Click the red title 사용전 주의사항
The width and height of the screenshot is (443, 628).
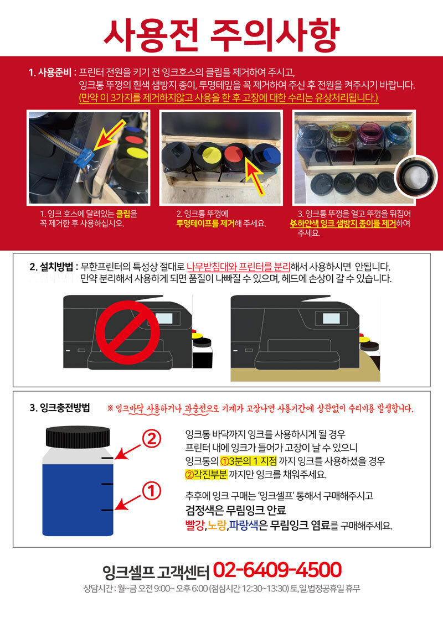pyautogui.click(x=221, y=33)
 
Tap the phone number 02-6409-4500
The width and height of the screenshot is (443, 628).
pyautogui.click(x=277, y=570)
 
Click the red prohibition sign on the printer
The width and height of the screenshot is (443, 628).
pyautogui.click(x=133, y=332)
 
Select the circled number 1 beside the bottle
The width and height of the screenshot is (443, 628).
pyautogui.click(x=152, y=491)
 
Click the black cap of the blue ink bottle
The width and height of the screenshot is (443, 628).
pyautogui.click(x=78, y=436)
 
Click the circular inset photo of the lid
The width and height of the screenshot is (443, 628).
pyautogui.click(x=416, y=176)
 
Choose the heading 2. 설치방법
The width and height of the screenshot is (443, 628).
pyautogui.click(x=51, y=267)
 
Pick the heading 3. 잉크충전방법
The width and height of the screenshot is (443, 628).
pyautogui.click(x=60, y=408)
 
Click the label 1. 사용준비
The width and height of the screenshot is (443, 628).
pyautogui.click(x=50, y=72)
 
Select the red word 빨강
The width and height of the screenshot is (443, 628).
pyautogui.click(x=195, y=525)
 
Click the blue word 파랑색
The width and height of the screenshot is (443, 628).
pyautogui.click(x=243, y=525)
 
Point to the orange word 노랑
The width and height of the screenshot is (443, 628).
pyautogui.click(x=217, y=525)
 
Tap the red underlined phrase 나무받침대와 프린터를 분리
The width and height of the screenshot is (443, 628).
pyautogui.click(x=238, y=267)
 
